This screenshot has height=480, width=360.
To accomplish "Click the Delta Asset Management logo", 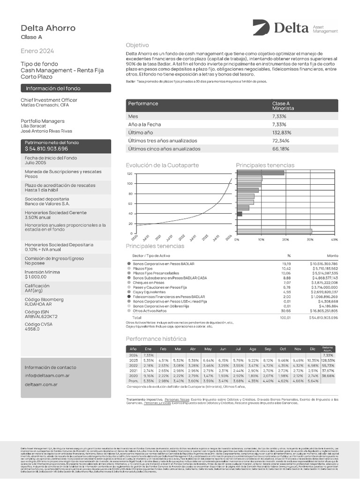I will point(295,29).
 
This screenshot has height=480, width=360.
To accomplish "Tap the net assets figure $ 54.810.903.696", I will point(46,149).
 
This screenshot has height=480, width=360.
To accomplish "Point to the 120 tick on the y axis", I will point(130,173).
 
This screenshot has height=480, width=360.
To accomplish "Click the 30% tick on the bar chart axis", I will point(310,239).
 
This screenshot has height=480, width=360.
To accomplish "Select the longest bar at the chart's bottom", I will point(275,231).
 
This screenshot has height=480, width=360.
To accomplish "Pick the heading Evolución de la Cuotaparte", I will point(162,165).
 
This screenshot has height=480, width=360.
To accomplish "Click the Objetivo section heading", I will point(137,45).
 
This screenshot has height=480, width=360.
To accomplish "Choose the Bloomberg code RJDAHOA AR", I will point(38,303).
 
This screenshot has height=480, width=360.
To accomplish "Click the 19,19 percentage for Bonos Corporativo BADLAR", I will point(286,264).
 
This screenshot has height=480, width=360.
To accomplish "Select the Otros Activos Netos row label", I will point(150,311).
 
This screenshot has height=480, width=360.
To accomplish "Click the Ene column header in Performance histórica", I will point(149,349).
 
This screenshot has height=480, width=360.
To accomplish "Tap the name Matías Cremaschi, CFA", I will point(45,105).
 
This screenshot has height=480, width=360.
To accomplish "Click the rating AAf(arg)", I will point(32,291).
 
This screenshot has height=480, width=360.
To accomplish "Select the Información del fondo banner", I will point(66,88).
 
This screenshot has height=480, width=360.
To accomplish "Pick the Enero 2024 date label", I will point(37,51).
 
